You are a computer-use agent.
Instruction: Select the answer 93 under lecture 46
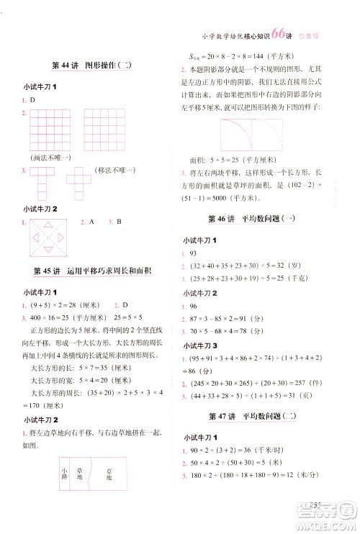point(194,254)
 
